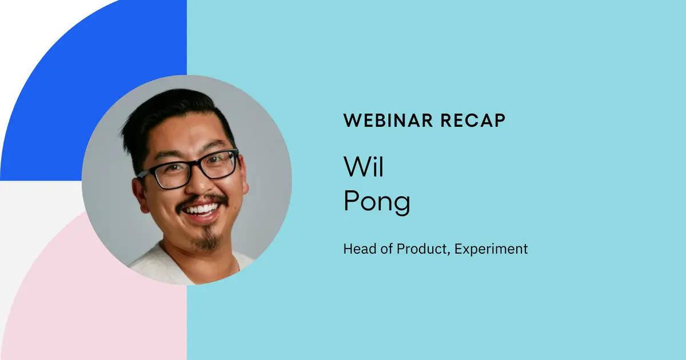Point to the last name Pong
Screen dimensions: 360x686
(377, 202)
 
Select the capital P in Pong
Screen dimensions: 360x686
(351, 201)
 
